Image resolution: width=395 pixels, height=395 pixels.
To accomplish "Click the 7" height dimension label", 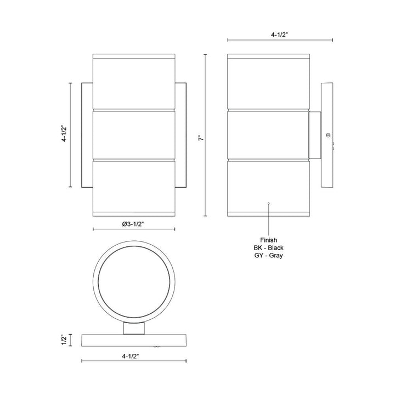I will (x=201, y=139).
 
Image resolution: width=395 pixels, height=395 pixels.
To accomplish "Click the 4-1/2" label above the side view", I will (x=280, y=34).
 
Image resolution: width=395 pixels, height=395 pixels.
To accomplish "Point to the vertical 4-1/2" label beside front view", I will (x=64, y=134).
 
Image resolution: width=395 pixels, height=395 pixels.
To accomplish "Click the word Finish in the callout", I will (x=268, y=240).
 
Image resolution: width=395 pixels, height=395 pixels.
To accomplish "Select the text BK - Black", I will (x=268, y=247).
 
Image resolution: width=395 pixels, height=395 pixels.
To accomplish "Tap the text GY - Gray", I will (x=268, y=256).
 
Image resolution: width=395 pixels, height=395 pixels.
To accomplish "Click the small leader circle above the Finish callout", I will (x=268, y=204).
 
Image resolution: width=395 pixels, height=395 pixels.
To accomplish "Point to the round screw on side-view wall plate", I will (x=328, y=134).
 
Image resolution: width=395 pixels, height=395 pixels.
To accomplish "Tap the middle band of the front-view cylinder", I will (x=135, y=134).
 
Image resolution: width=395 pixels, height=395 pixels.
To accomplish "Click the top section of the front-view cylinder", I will (x=135, y=82).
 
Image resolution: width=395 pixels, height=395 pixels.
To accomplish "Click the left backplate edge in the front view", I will (x=87, y=134).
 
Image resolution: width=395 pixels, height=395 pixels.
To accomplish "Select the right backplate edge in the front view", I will (x=182, y=134).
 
